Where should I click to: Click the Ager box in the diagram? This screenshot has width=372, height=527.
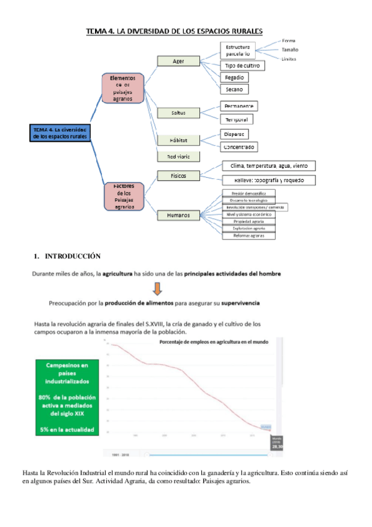[178, 61]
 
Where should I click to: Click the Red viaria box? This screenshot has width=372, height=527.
[178, 156]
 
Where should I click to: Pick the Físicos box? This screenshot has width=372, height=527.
[178, 175]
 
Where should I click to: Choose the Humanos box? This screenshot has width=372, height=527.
[178, 215]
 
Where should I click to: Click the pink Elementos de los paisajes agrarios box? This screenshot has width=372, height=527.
[124, 88]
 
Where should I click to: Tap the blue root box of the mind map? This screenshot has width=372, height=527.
[60, 132]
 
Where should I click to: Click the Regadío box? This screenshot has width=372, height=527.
[234, 77]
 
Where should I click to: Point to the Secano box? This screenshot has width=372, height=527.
[234, 89]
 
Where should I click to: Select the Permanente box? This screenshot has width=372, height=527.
[238, 106]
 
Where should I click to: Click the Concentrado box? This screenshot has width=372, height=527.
[239, 147]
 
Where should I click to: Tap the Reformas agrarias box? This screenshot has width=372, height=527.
[248, 235]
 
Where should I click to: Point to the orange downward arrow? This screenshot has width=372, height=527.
[157, 288]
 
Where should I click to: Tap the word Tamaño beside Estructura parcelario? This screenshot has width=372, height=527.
[289, 49]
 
